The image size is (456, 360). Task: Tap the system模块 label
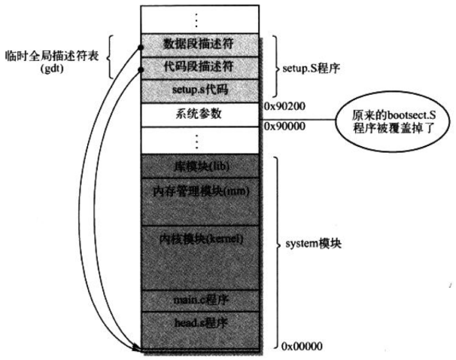coord(312,246)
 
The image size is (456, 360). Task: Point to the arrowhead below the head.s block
coord(136,348)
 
